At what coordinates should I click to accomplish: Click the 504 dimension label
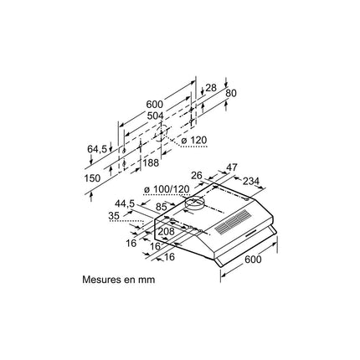(x=155, y=116)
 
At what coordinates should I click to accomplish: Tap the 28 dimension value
(x=211, y=88)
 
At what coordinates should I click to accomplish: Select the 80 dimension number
(x=231, y=93)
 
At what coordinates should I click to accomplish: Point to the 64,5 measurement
(x=97, y=149)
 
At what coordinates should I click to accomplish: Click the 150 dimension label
(x=92, y=178)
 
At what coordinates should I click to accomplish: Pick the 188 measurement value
(x=151, y=162)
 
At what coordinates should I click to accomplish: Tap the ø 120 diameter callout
(x=194, y=140)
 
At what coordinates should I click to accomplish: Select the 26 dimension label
(x=197, y=176)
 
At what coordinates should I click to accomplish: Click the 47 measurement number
(x=232, y=167)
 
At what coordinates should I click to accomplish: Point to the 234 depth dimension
(x=251, y=181)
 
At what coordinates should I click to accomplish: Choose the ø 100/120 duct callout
(x=167, y=189)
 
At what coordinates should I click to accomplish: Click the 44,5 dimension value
(x=125, y=203)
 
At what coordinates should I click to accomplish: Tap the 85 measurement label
(x=162, y=207)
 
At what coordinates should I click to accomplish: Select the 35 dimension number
(x=114, y=216)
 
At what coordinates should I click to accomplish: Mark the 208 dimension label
(x=167, y=231)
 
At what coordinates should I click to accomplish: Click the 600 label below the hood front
(x=254, y=260)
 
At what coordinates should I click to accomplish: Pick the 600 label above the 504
(x=154, y=105)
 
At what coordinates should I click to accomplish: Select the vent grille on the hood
(x=232, y=222)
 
